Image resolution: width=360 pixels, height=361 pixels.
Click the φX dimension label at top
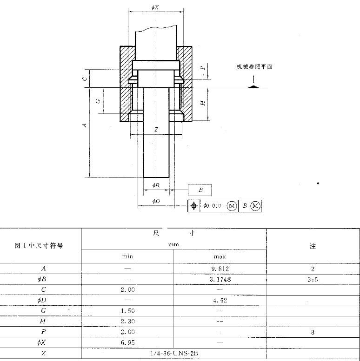(x=155, y=7)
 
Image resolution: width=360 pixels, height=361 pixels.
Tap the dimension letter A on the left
(x=84, y=125)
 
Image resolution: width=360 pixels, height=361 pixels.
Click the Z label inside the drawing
(x=156, y=130)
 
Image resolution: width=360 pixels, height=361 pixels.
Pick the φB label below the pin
(x=156, y=185)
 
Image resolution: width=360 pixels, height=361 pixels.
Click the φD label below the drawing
(x=156, y=201)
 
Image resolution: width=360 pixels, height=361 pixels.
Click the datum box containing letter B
(x=200, y=190)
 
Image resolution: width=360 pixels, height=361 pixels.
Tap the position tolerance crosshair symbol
(x=194, y=206)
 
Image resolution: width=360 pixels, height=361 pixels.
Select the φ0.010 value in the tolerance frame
(x=212, y=206)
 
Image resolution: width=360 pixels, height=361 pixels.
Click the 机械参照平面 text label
(x=254, y=67)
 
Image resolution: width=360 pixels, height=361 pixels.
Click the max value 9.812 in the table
(x=220, y=269)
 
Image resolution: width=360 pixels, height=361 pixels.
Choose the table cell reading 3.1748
(x=220, y=280)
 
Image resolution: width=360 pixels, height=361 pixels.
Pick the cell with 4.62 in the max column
(x=220, y=301)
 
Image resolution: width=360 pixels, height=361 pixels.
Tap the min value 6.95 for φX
(x=127, y=342)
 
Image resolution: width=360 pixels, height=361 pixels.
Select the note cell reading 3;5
(x=313, y=280)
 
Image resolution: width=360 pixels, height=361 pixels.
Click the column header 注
(x=313, y=246)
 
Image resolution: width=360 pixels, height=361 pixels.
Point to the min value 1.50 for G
(x=127, y=311)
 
